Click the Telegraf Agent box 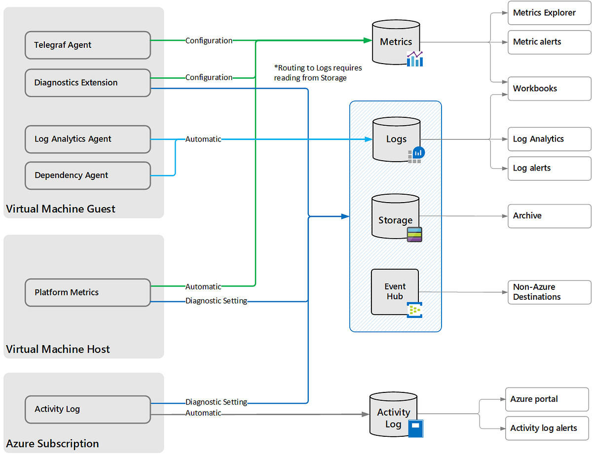87,45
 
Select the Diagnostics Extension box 87,83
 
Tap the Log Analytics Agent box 87,139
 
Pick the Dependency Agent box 87,175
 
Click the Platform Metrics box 87,292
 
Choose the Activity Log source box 87,409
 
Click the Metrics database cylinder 396,42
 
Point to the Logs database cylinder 396,140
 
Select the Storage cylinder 395,217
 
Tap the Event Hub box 395,292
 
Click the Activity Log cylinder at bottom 393,415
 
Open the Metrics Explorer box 549,13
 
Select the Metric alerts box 549,42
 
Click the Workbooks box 549,89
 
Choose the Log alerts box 549,168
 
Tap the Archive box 549,216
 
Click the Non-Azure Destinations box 549,292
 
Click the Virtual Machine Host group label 58,350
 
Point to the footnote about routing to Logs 318,72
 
